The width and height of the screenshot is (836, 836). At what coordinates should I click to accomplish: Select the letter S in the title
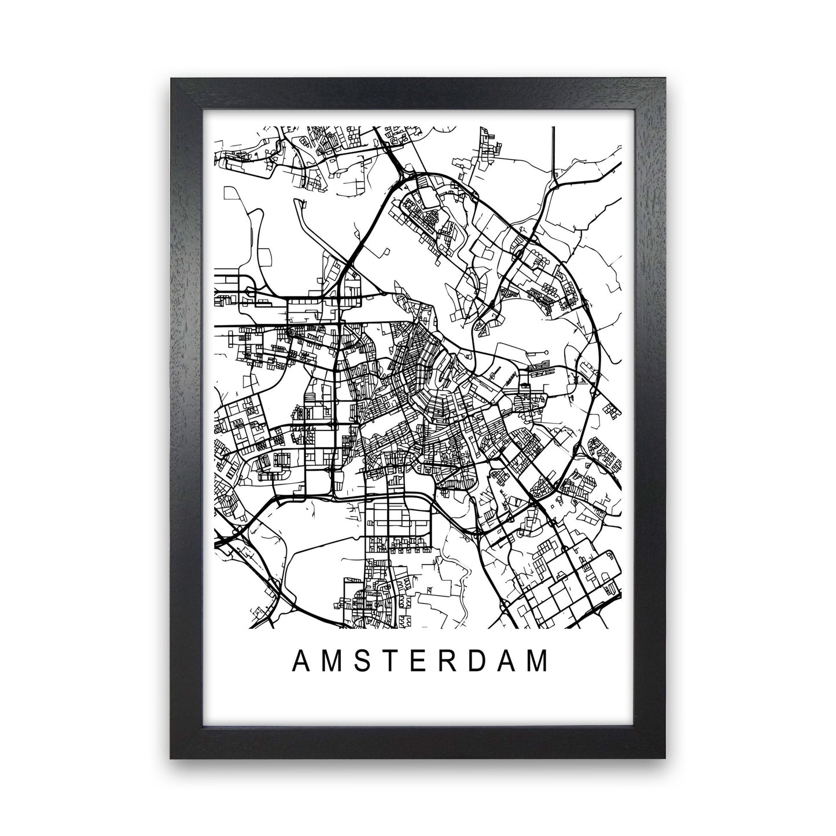[x=362, y=661]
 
